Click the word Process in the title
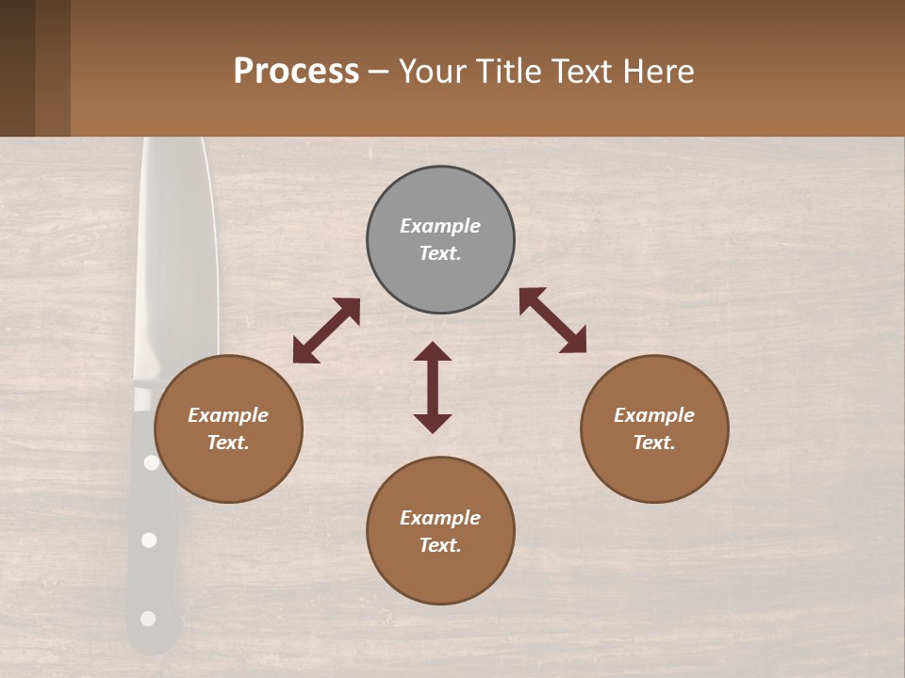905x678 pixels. [x=296, y=72]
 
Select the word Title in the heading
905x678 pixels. [x=504, y=72]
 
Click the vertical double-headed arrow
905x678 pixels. [x=433, y=387]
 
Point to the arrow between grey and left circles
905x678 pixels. [x=326, y=331]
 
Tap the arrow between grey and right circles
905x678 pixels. [x=552, y=320]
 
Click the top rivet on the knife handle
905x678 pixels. [x=151, y=462]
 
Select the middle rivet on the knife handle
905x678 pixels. [x=149, y=540]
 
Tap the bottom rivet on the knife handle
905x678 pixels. [x=148, y=619]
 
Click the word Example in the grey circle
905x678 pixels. [x=440, y=226]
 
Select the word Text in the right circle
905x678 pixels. [x=652, y=443]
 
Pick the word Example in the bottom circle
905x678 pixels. [x=440, y=518]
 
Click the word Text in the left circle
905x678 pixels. [x=226, y=443]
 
